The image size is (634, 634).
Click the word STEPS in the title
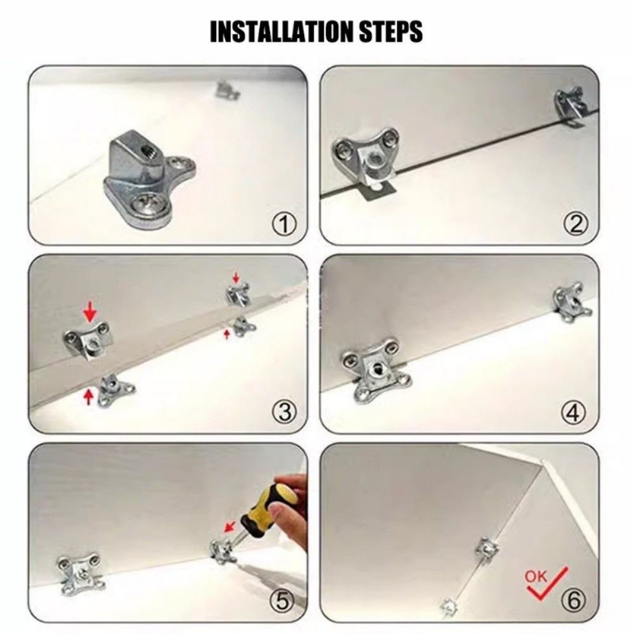(x=391, y=31)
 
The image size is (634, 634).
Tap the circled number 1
(x=284, y=224)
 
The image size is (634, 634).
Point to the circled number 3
(x=285, y=413)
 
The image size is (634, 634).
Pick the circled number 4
(x=573, y=413)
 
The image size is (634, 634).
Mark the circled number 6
(x=573, y=600)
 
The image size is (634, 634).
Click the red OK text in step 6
(x=535, y=576)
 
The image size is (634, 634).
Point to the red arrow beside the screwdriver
(x=230, y=527)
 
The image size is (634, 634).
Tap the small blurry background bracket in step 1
(x=228, y=90)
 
